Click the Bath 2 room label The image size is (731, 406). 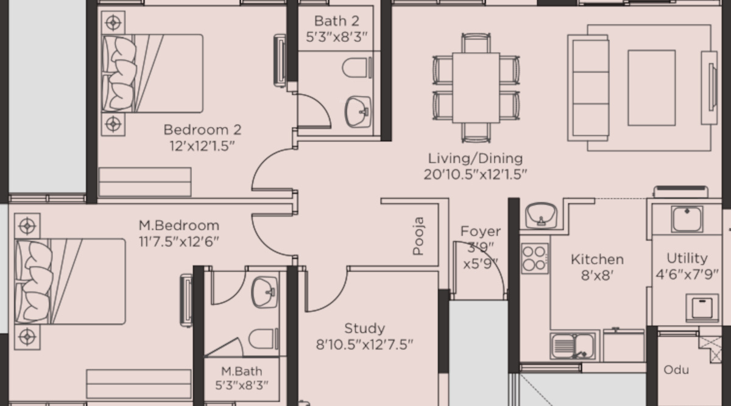point(337,21)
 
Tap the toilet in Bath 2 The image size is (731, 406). point(357,68)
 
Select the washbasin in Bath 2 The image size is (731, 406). point(358,111)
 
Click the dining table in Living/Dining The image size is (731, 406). point(476,88)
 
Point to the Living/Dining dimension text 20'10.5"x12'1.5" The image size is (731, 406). point(475,175)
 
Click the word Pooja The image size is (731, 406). point(418,236)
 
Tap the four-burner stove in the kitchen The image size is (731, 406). point(535,259)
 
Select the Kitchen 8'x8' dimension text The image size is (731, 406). point(597,276)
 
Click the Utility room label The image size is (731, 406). point(687,258)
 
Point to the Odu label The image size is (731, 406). point(676,370)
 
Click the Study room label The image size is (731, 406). point(364,328)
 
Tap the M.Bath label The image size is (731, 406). point(241,371)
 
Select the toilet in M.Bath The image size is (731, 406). point(264,339)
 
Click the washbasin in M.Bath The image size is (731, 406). point(264,292)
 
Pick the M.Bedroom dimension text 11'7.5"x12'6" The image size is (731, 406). point(179,242)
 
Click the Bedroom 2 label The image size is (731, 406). point(202,130)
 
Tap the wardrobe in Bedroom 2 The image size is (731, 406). point(145,182)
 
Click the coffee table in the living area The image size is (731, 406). point(651,88)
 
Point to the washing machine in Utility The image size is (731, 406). point(702,307)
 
